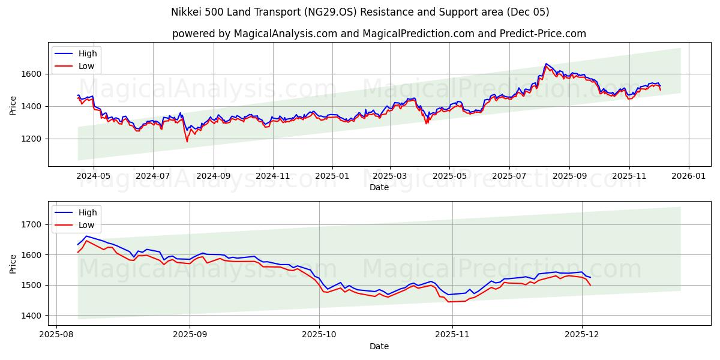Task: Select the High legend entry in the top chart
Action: tap(88, 53)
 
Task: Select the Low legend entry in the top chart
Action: tap(86, 65)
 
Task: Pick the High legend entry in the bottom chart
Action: tap(88, 213)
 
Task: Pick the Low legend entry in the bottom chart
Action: tap(86, 225)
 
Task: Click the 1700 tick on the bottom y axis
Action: tap(31, 224)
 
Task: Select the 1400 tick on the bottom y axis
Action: tap(31, 316)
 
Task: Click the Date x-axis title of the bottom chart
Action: tap(379, 347)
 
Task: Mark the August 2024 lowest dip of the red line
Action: tap(187, 142)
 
